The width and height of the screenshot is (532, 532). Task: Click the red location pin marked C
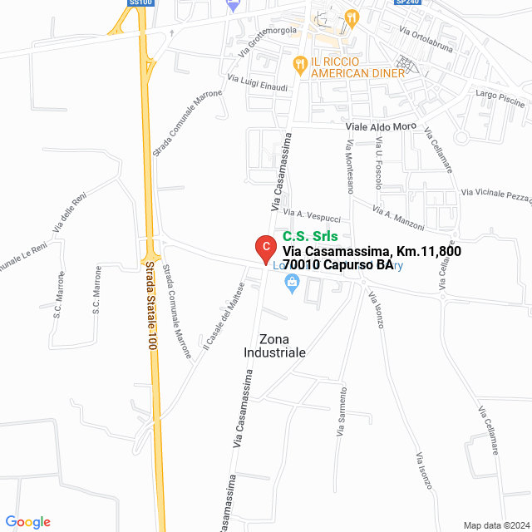click(x=264, y=248)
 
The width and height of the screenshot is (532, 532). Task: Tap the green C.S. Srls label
click(x=309, y=236)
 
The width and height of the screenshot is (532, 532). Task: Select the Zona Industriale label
click(x=275, y=346)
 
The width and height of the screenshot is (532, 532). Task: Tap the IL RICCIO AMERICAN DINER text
click(x=357, y=67)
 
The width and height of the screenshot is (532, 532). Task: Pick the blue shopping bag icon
click(x=292, y=284)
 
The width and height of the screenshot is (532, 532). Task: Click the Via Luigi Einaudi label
click(x=258, y=83)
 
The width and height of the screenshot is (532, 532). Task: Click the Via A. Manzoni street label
click(x=398, y=219)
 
